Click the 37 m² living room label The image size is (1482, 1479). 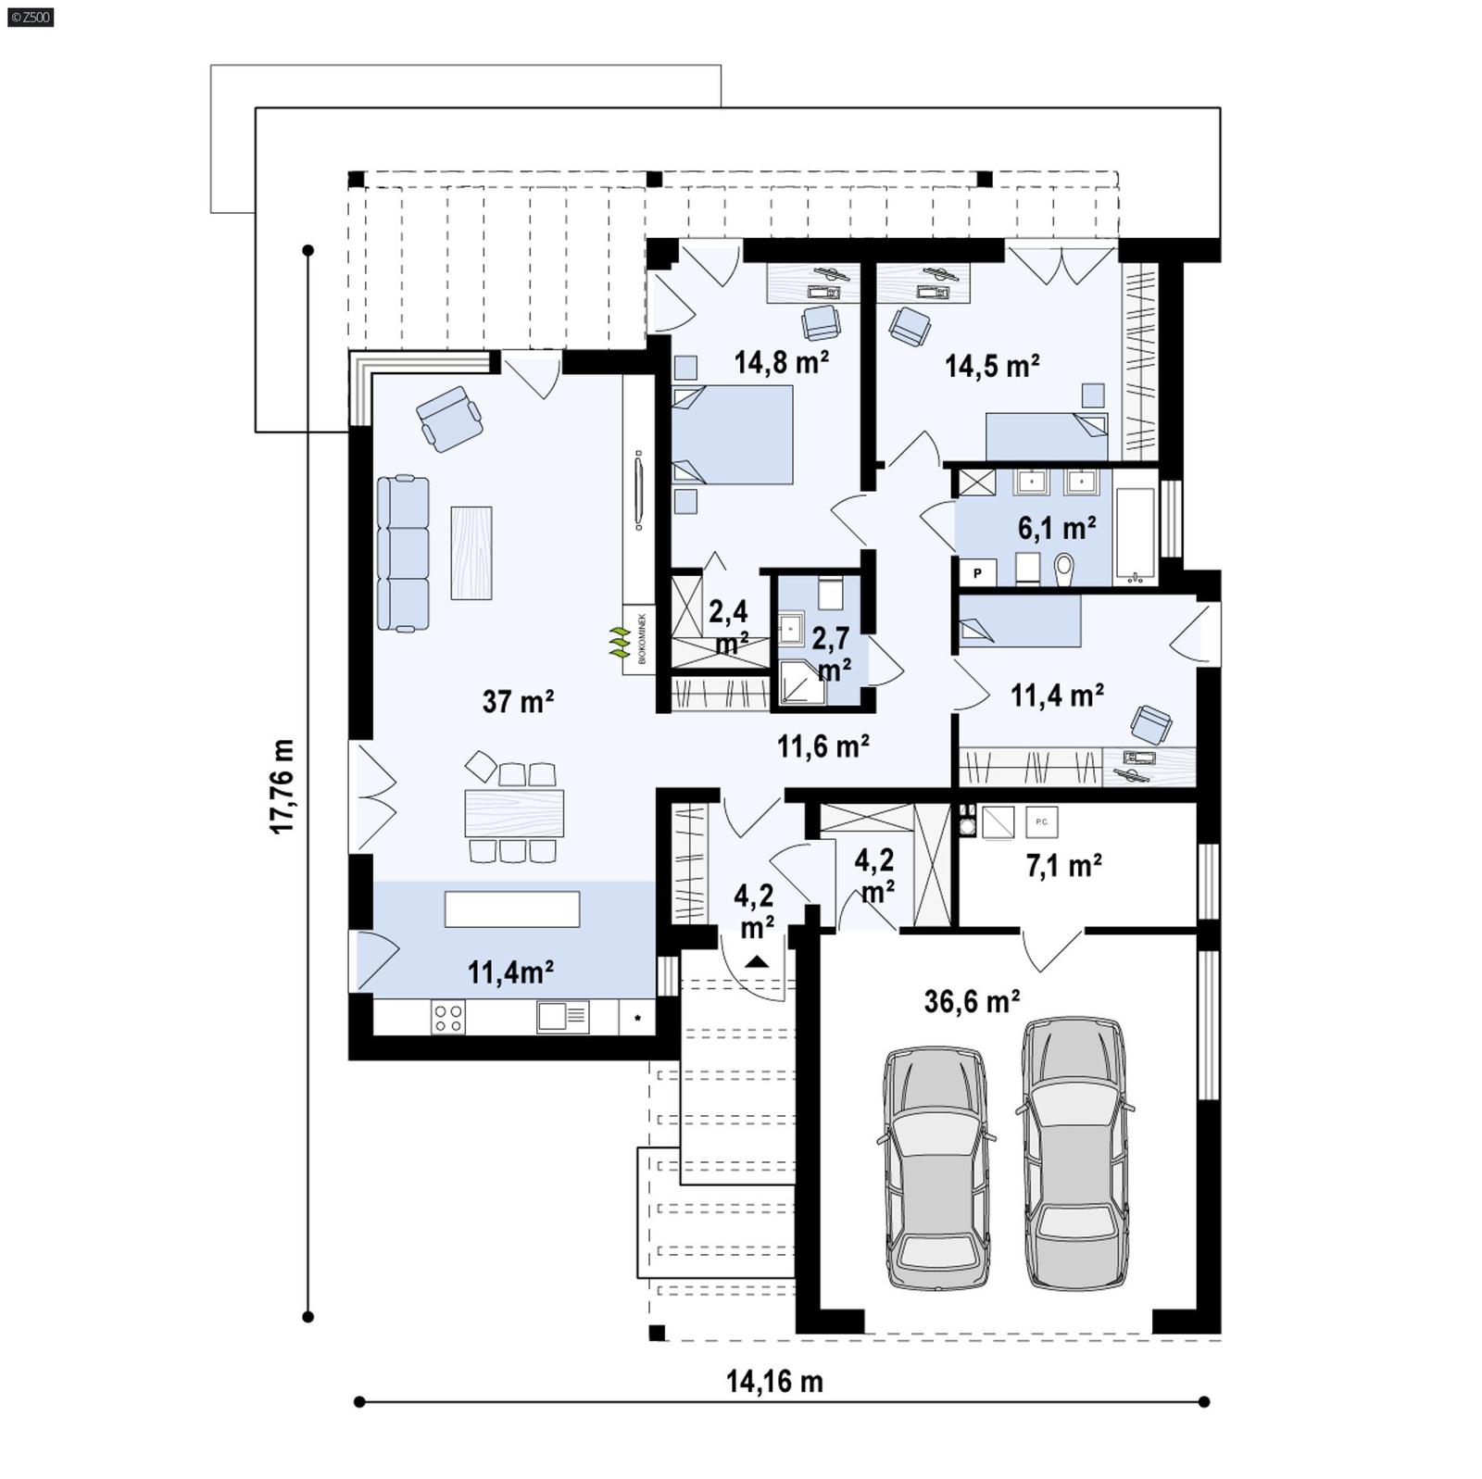coord(518,702)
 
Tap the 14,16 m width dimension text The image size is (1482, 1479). coord(773,1382)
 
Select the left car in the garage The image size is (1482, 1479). coord(936,1167)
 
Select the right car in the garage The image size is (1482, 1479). coord(1074,1153)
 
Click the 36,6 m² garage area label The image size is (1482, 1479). coord(972,1001)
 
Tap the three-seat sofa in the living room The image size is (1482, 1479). coord(404,554)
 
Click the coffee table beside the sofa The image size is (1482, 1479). coord(471,553)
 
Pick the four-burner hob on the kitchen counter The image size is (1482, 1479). coord(448,1018)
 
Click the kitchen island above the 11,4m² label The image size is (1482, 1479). coord(511,909)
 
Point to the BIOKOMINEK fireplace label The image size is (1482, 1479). coord(640,638)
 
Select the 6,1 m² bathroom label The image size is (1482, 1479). coord(1057,528)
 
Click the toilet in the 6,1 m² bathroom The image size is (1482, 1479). coord(1064,568)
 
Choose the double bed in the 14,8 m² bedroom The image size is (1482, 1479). coord(732,434)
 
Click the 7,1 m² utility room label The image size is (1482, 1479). coord(1063,866)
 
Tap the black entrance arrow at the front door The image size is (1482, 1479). coord(757,960)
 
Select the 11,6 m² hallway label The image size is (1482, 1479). coord(823,746)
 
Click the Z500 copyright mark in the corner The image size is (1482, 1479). coord(30,16)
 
